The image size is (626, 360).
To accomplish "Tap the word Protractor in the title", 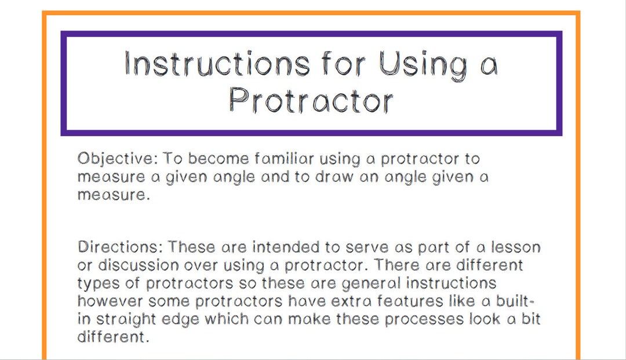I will click(x=311, y=101).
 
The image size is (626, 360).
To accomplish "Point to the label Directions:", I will click(x=120, y=248).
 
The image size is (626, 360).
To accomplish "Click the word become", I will click(x=217, y=159).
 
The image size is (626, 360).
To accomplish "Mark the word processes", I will click(x=424, y=320).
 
